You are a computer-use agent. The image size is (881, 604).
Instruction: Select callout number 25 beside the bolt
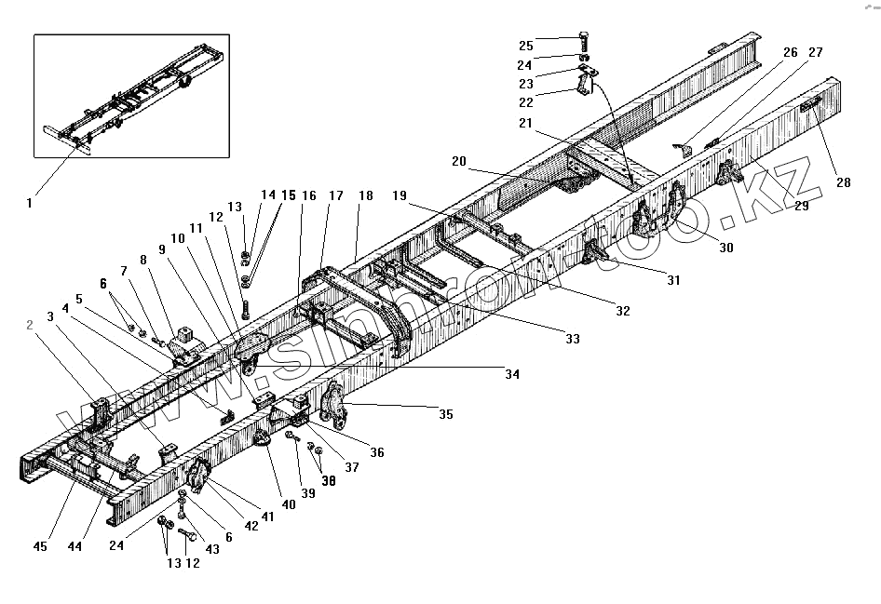coord(526,46)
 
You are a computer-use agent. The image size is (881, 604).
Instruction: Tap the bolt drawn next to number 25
coord(584,42)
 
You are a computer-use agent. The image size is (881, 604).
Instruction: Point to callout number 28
coord(843,183)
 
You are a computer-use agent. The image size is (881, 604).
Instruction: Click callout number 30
coord(725,248)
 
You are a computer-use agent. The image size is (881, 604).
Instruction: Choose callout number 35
coord(446,414)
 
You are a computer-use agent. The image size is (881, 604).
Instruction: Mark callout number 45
coord(42,545)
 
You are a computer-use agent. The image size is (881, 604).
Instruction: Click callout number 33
coord(572,340)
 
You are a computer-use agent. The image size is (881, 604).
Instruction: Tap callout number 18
coord(365,196)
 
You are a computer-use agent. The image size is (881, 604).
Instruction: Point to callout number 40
coord(289,504)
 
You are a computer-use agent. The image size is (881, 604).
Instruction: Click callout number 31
coord(672,280)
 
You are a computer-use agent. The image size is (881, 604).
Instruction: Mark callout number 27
coord(815,53)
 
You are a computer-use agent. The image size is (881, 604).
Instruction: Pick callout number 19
coord(399,196)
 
